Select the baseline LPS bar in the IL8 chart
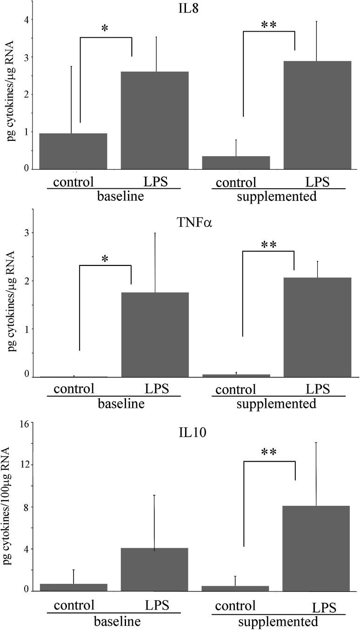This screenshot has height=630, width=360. click(x=155, y=120)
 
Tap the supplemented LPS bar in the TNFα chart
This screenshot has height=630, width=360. click(x=317, y=327)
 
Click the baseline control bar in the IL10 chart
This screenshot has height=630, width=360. click(x=73, y=587)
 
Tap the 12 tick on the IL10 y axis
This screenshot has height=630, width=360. click(x=23, y=465)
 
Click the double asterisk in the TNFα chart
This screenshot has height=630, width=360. click(x=269, y=245)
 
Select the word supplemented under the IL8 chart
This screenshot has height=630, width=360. click(x=277, y=196)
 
